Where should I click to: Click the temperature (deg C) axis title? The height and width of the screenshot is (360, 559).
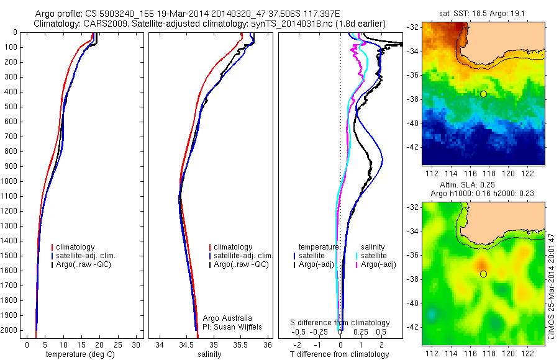pos(79,354)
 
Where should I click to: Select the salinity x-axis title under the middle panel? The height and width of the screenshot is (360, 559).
pos(209,354)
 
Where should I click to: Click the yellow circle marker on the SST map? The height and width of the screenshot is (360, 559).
pos(483,94)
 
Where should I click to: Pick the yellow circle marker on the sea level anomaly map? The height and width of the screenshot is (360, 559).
pos(483,274)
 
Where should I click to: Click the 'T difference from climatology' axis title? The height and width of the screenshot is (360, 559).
pos(340,354)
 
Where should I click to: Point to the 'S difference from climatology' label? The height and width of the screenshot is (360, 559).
pos(340,323)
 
